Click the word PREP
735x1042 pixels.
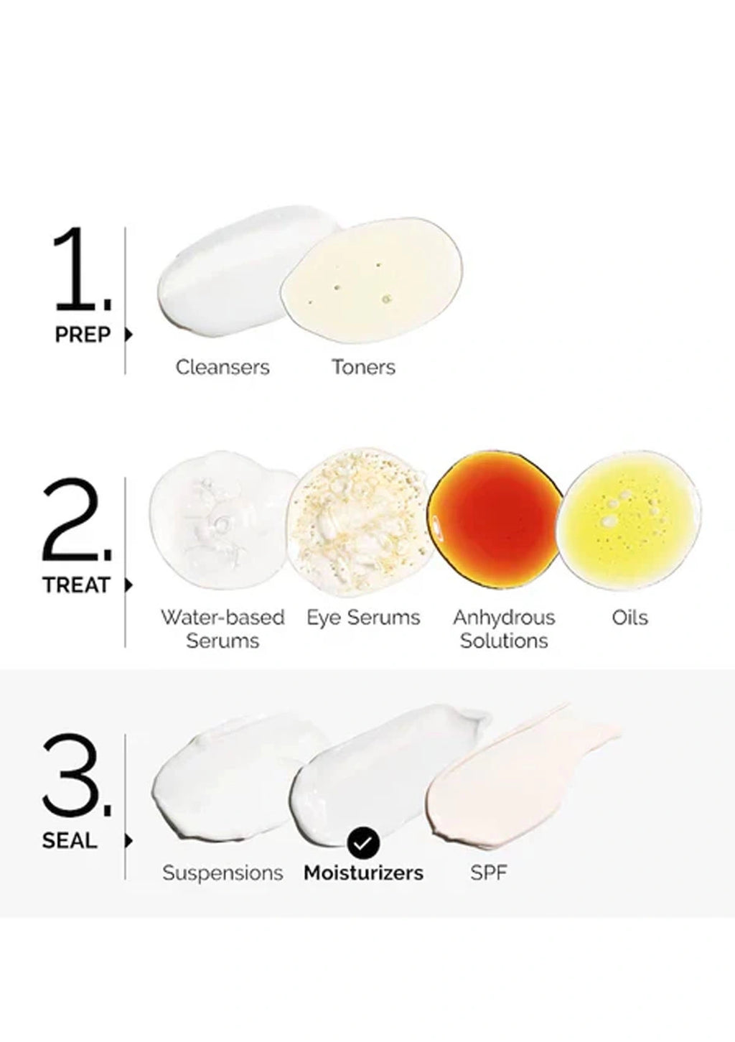83,335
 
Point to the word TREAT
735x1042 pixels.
76,585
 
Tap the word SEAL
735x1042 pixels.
70,841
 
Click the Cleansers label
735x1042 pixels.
223,367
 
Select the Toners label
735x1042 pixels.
363,367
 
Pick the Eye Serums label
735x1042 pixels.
363,618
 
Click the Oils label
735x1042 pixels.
629,618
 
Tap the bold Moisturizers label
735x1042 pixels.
363,873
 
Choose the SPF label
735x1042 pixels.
488,873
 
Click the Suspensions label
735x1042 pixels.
223,873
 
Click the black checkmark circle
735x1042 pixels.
363,842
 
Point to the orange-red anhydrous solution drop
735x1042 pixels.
495,520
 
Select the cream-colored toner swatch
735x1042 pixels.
372,281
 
